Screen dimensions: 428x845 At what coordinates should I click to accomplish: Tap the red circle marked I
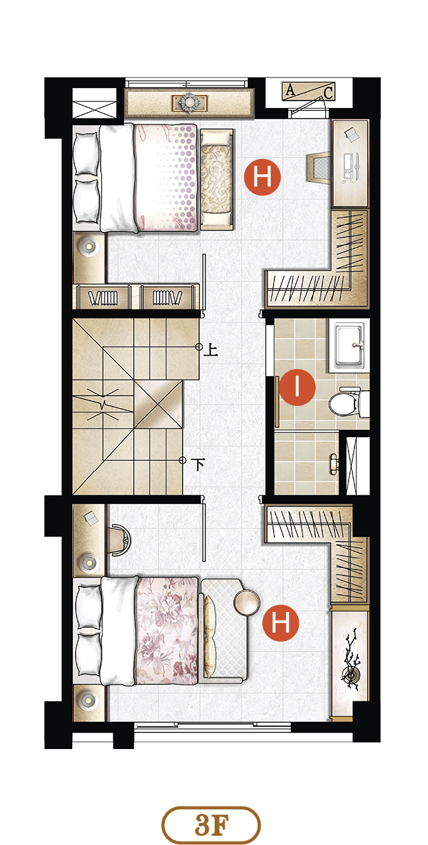pyautogui.click(x=297, y=387)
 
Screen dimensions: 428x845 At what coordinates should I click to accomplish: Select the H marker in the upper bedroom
pyautogui.click(x=262, y=177)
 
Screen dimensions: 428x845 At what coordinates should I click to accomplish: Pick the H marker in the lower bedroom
pyautogui.click(x=280, y=622)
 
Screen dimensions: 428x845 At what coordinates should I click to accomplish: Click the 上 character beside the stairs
pyautogui.click(x=211, y=350)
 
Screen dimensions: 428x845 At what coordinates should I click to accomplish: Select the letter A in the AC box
pyautogui.click(x=290, y=90)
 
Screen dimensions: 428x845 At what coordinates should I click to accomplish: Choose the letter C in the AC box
pyautogui.click(x=328, y=93)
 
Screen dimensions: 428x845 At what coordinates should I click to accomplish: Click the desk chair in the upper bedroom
pyautogui.click(x=318, y=168)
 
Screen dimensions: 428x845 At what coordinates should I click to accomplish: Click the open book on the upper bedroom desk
pyautogui.click(x=352, y=134)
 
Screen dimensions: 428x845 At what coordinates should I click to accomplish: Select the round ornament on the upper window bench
pyautogui.click(x=189, y=102)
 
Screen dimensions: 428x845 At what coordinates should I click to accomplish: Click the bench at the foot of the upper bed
pyautogui.click(x=217, y=179)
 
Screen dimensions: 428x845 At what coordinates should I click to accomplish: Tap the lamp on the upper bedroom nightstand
pyautogui.click(x=88, y=247)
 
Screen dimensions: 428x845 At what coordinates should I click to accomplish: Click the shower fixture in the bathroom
pyautogui.click(x=334, y=462)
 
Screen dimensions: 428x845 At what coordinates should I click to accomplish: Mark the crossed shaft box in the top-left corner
pyautogui.click(x=94, y=103)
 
